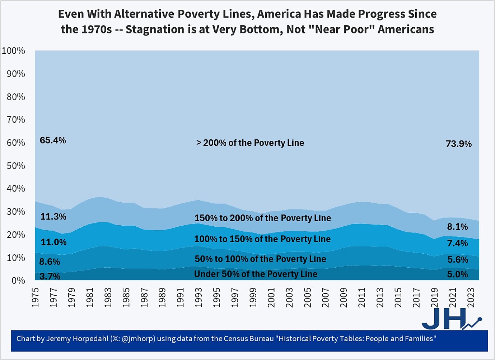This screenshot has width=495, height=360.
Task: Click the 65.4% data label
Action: click(53, 140)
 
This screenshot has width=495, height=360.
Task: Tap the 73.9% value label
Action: click(458, 144)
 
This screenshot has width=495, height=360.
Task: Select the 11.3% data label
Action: click(53, 217)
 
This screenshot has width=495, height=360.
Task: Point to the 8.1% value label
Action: click(457, 227)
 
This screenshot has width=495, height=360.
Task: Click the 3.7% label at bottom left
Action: click(50, 276)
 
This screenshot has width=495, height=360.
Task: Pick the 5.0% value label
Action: click(457, 274)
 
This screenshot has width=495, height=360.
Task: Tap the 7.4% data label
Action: click(457, 243)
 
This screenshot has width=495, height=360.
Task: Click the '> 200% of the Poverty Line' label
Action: click(250, 143)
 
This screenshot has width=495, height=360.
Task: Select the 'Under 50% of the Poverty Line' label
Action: click(256, 274)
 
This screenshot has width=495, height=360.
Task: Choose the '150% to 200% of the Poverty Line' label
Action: click(262, 218)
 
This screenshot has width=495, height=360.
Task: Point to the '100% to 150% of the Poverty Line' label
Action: click(262, 239)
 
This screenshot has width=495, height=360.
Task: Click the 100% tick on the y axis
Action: click(14, 51)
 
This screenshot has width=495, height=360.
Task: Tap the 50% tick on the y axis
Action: click(16, 166)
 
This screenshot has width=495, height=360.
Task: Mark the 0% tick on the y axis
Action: click(18, 280)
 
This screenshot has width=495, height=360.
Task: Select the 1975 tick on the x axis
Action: click(35, 297)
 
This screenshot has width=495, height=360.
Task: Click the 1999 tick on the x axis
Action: click(253, 297)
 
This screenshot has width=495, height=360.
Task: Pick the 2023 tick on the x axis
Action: click(471, 297)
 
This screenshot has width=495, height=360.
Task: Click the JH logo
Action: click(450, 319)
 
